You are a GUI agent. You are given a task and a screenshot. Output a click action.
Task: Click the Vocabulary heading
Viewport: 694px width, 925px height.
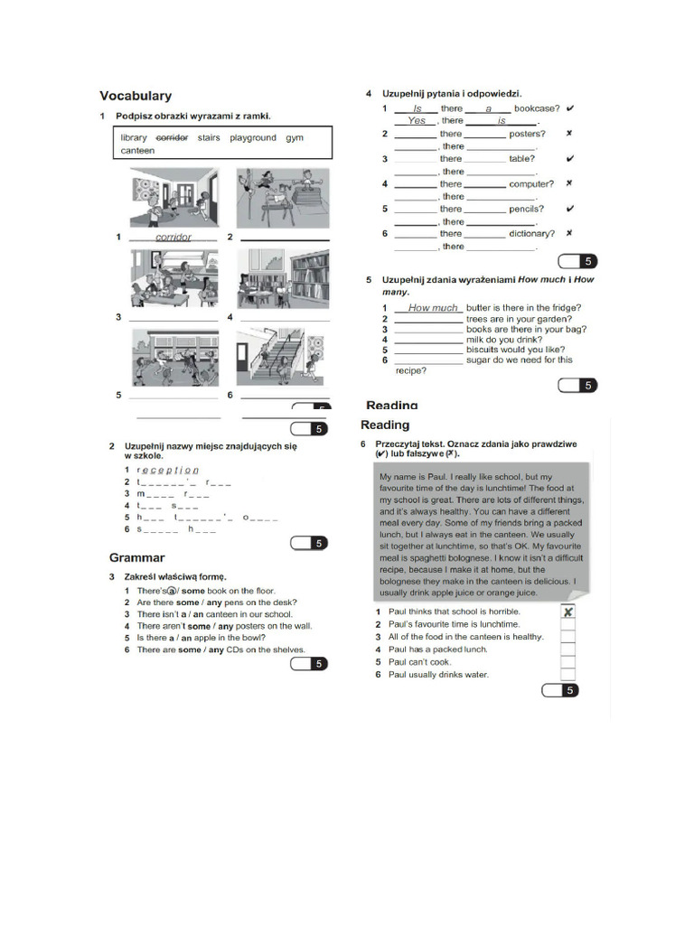[136, 96]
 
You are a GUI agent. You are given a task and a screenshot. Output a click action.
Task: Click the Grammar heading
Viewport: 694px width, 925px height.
[136, 557]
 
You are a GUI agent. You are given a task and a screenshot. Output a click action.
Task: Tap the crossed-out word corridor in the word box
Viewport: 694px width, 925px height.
[172, 138]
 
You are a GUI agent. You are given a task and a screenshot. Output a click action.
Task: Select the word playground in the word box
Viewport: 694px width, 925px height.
[253, 138]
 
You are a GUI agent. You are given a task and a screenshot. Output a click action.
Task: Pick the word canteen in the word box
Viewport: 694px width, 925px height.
[137, 151]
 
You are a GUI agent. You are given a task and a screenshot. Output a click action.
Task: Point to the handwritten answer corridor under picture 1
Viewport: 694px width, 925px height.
[173, 238]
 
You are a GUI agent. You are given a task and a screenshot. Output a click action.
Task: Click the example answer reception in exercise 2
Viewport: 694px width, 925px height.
[167, 470]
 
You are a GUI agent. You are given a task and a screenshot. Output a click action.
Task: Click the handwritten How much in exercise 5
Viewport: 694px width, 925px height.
[433, 308]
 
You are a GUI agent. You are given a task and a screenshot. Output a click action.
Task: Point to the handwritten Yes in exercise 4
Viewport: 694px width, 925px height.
[416, 120]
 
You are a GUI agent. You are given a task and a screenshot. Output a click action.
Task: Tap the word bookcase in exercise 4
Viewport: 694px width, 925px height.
[537, 108]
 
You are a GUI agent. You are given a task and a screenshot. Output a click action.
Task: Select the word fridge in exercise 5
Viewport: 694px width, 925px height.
[565, 308]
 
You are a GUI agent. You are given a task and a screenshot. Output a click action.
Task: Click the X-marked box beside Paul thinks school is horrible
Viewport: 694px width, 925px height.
[567, 612]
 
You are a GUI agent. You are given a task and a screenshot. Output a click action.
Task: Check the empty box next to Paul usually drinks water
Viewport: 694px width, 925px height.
[567, 674]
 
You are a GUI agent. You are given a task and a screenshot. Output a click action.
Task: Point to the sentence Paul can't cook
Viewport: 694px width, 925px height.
[419, 662]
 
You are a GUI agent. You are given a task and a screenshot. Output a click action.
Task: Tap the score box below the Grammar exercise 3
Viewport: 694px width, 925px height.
[309, 665]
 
